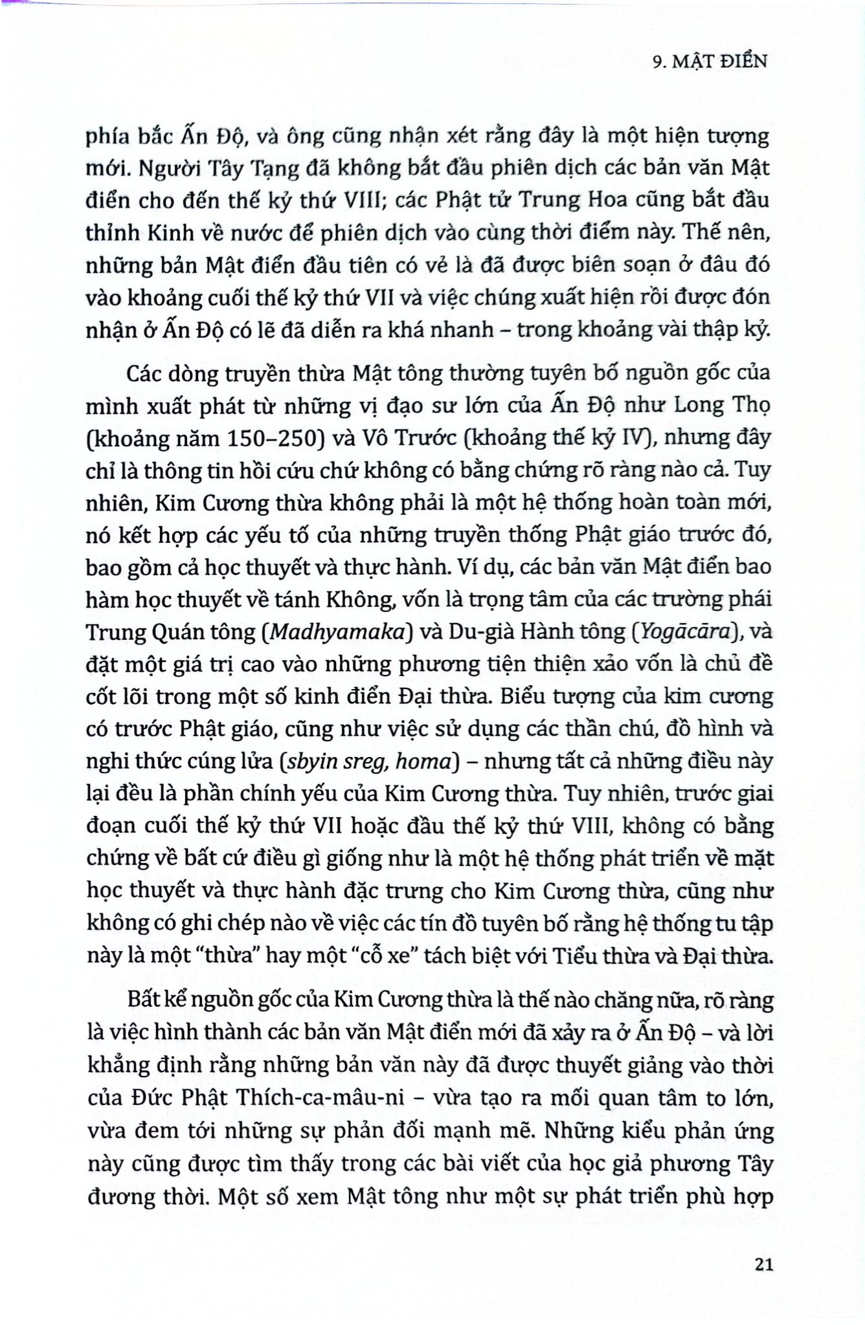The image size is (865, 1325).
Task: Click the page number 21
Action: click(x=763, y=1264)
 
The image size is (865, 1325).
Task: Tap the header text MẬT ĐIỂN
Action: click(x=719, y=61)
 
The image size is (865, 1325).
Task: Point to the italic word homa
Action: click(x=422, y=761)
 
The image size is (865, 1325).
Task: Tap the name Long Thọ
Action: click(x=722, y=406)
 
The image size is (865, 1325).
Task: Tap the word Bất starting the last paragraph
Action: click(x=144, y=1000)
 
